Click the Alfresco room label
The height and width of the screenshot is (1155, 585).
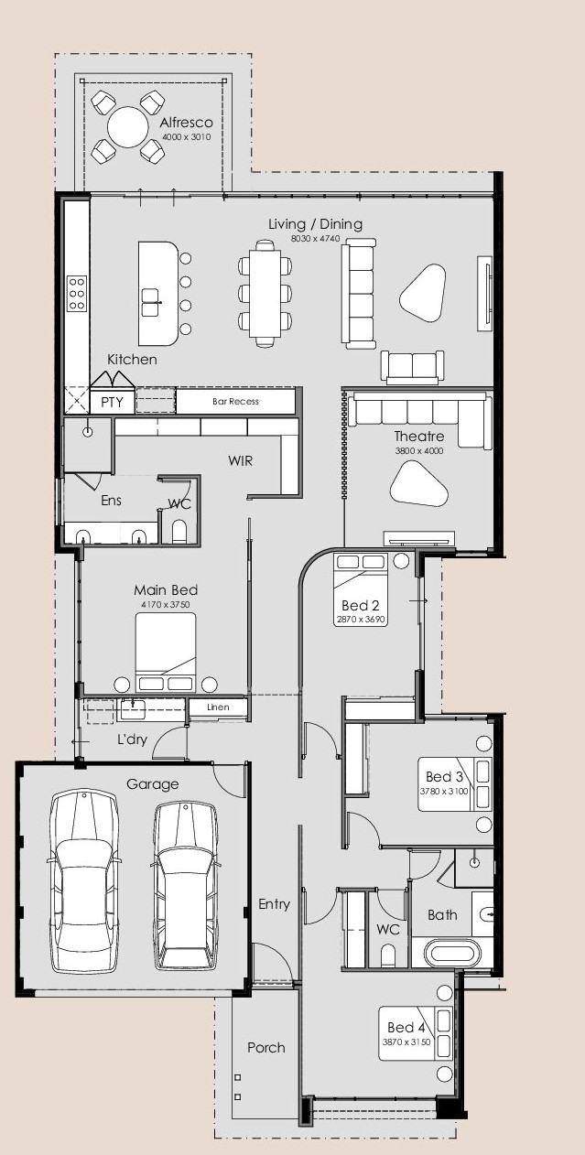(x=186, y=123)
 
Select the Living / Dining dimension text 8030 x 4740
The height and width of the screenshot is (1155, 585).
(x=315, y=239)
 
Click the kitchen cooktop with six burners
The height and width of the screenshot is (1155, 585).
(x=77, y=294)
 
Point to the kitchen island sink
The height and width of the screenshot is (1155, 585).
(x=151, y=302)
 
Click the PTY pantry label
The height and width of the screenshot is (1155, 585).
(x=112, y=402)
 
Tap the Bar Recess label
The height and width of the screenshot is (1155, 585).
(x=236, y=401)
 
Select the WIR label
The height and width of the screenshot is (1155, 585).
(x=241, y=461)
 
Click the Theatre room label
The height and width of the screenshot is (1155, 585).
(x=419, y=437)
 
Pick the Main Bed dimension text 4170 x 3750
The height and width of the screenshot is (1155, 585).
(x=166, y=604)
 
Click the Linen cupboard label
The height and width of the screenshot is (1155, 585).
(x=218, y=707)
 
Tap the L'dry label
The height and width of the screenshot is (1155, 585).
(x=132, y=739)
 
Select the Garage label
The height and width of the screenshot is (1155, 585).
(x=153, y=784)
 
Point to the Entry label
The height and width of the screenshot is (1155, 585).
(x=274, y=904)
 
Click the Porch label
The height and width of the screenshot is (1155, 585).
(x=266, y=1047)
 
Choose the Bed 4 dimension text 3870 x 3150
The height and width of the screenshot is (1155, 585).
(x=406, y=1042)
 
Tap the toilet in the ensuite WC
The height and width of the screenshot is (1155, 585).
(x=179, y=532)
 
